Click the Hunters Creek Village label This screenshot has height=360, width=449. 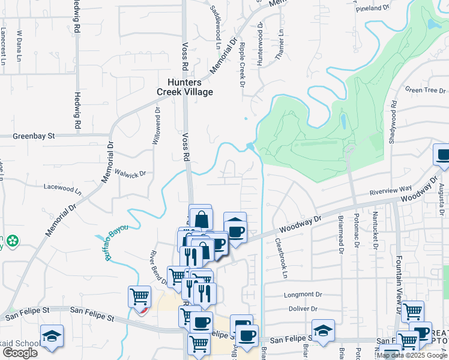pyautogui.click(x=185, y=88)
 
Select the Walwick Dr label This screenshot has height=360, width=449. pyautogui.click(x=131, y=173)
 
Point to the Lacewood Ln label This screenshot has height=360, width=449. pyautogui.click(x=63, y=187)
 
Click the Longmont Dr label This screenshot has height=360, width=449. pyautogui.click(x=304, y=295)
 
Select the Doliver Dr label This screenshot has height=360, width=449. pyautogui.click(x=303, y=308)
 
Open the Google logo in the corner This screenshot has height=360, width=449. pyautogui.click(x=20, y=352)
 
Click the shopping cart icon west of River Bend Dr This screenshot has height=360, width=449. pyautogui.click(x=139, y=296)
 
